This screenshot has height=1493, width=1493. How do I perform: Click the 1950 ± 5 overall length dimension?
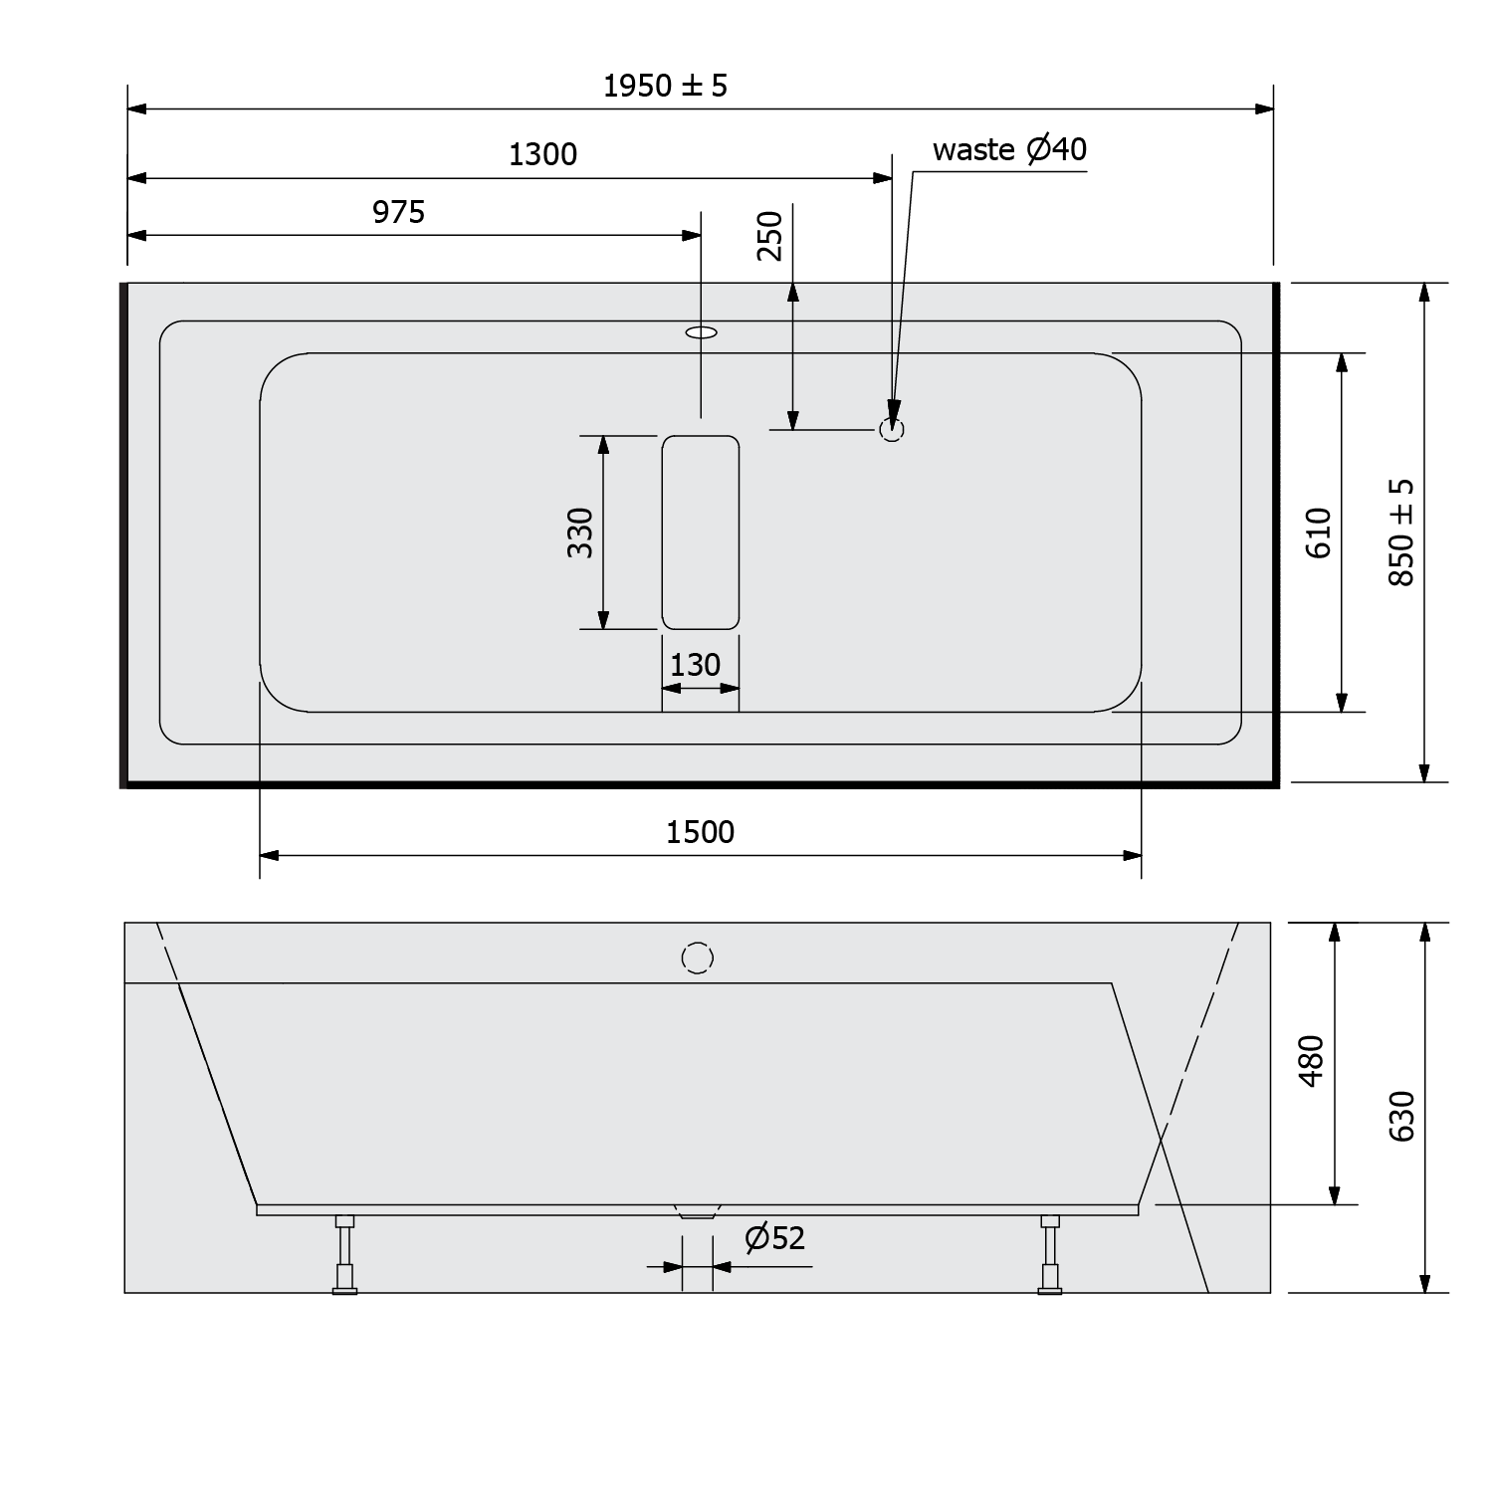pyautogui.click(x=665, y=87)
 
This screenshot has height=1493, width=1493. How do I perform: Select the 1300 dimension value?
pyautogui.click(x=542, y=154)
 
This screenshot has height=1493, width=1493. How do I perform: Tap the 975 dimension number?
pyautogui.click(x=398, y=212)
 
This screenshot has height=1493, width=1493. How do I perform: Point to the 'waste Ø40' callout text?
pyautogui.click(x=1009, y=149)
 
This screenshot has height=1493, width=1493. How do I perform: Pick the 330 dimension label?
pyautogui.click(x=580, y=533)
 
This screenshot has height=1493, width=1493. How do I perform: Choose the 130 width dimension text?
pyautogui.click(x=695, y=665)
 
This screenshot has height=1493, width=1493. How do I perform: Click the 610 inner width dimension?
pyautogui.click(x=1319, y=533)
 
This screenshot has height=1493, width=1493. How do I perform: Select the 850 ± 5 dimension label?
pyautogui.click(x=1401, y=533)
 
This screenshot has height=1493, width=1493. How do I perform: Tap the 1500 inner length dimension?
pyautogui.click(x=700, y=832)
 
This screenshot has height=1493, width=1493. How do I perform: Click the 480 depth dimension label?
pyautogui.click(x=1312, y=1061)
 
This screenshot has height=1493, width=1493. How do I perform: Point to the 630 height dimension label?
pyautogui.click(x=1401, y=1117)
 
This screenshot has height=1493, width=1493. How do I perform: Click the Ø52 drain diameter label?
pyautogui.click(x=774, y=1238)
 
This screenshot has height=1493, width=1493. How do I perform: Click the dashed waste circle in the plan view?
pyautogui.click(x=891, y=430)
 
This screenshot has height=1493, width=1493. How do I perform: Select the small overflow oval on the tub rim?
pyautogui.click(x=701, y=332)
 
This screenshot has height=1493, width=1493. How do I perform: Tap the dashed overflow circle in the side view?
pyautogui.click(x=698, y=958)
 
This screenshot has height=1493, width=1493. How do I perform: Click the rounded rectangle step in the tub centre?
pyautogui.click(x=701, y=533)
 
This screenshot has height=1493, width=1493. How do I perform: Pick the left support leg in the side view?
pyautogui.click(x=344, y=1254)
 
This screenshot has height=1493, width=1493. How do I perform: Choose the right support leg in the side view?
pyautogui.click(x=1050, y=1254)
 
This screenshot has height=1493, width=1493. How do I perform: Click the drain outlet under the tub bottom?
pyautogui.click(x=697, y=1212)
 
